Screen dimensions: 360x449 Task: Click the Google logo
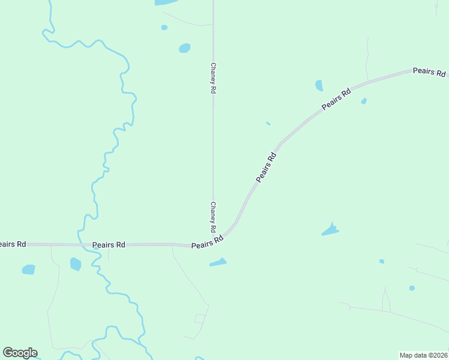tap(20, 353)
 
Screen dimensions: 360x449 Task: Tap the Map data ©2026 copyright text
tap(423, 355)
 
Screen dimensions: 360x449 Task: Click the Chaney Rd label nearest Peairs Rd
tap(212, 217)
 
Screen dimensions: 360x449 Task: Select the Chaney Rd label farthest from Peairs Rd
tap(212, 78)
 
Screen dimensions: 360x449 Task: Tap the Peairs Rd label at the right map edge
tap(430, 72)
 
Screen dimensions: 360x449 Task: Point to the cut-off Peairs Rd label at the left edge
tap(12, 244)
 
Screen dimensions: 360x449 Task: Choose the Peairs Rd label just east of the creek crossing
tap(109, 245)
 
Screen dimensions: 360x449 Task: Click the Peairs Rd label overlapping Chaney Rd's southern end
tap(207, 242)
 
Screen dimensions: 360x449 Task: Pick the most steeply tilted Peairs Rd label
tap(266, 167)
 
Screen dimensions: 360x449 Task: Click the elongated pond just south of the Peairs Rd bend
tap(218, 262)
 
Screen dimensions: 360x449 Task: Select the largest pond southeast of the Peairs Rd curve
tap(330, 230)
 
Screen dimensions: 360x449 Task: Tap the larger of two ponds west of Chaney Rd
tap(185, 48)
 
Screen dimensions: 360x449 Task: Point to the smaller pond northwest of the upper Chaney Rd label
tap(164, 28)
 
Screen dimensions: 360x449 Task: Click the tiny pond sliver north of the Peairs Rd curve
tap(268, 124)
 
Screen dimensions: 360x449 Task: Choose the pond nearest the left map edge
tap(28, 270)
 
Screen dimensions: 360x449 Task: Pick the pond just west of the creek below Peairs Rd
tap(75, 264)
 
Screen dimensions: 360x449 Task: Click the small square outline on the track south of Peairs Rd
tap(200, 319)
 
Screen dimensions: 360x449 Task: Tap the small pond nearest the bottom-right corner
tap(412, 288)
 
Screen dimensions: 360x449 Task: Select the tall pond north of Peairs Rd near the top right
tap(319, 85)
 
